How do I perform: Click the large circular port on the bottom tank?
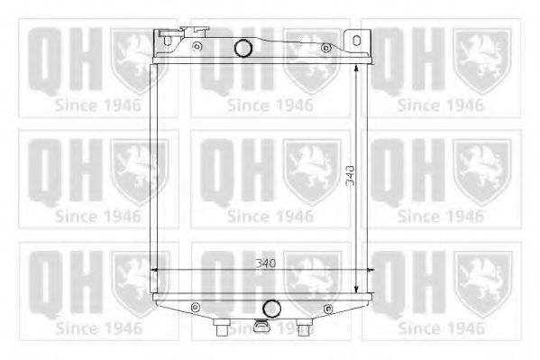click(270, 307)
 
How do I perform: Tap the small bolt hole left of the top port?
click(197, 45)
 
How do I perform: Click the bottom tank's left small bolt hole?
click(192, 308)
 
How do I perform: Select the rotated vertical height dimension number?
click(348, 178)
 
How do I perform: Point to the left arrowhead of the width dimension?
click(155, 270)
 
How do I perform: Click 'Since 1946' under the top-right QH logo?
click(441, 105)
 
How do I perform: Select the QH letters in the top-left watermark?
click(61, 61)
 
